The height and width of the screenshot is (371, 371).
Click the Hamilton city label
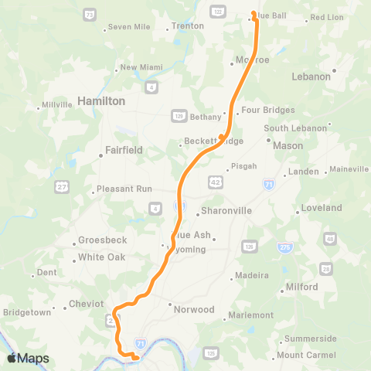pos(101,101)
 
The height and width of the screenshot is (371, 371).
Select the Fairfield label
pos(124,151)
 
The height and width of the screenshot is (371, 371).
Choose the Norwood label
pos(194,309)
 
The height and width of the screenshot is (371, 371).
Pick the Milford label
pos(301,287)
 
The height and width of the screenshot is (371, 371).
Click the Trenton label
pos(187,26)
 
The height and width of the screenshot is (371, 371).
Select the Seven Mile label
pos(129,26)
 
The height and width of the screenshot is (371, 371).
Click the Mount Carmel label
pos(306,355)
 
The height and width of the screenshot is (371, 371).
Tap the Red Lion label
pos(327,16)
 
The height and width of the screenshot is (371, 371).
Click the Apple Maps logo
pos(27,358)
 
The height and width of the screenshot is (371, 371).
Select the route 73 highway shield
pos(90,15)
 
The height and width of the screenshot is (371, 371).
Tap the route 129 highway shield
pos(178,114)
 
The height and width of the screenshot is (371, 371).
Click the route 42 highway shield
pos(214,181)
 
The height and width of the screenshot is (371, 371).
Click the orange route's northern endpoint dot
pos(254,12)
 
